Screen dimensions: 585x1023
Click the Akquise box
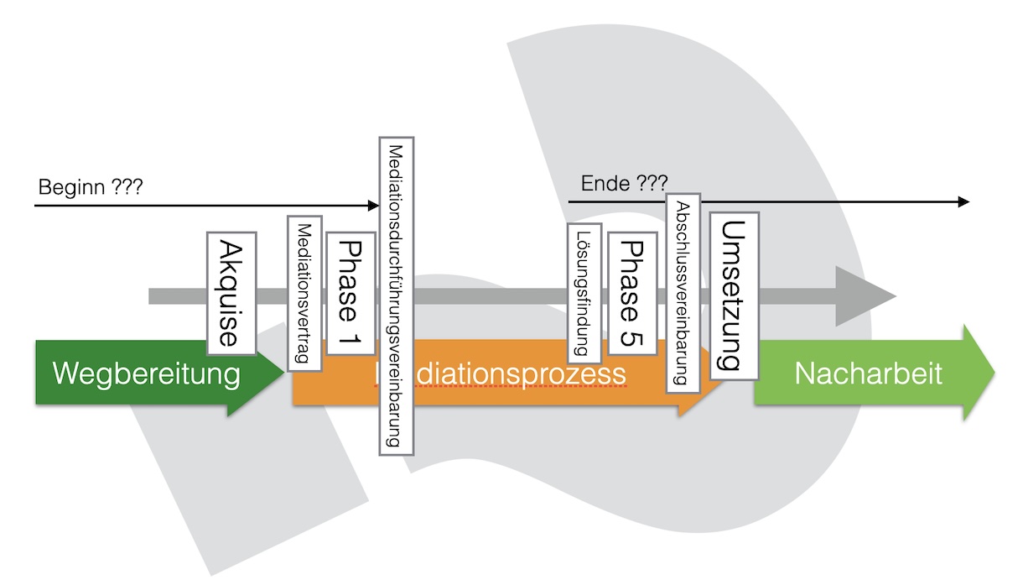[231, 293]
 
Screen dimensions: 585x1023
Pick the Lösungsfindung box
[584, 293]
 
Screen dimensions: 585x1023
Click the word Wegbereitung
[146, 373]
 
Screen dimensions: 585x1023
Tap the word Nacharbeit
[868, 373]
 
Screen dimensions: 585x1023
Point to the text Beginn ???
[91, 185]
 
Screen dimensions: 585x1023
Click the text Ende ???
[624, 182]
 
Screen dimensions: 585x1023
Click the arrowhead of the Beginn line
[376, 205]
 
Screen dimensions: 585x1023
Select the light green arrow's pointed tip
[994, 372]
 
